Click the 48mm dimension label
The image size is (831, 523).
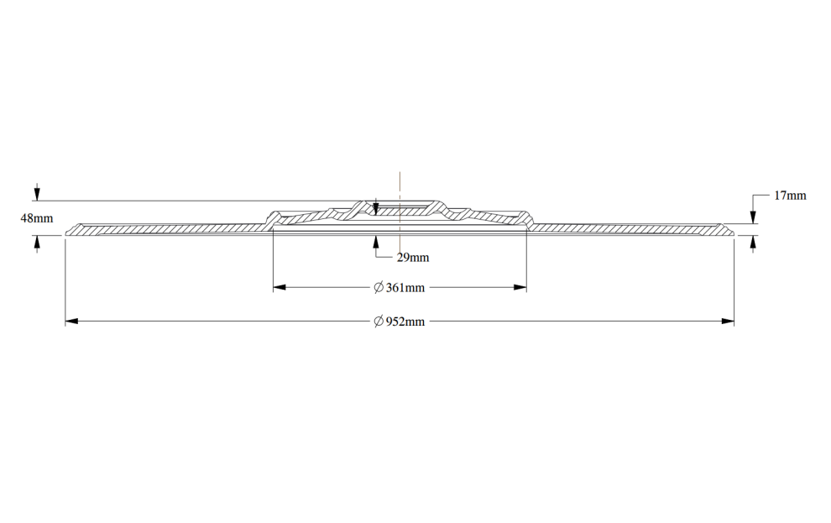(x=37, y=217)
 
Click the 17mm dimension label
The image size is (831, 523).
(x=790, y=196)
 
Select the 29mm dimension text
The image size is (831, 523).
(x=413, y=258)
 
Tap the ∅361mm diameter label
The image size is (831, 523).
(x=399, y=288)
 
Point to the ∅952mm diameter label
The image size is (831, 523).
(x=399, y=322)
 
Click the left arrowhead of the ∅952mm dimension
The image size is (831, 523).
(x=71, y=322)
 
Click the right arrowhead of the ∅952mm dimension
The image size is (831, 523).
(x=728, y=322)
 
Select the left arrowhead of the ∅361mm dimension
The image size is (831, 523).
(x=280, y=288)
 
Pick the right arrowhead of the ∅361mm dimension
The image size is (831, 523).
(x=520, y=288)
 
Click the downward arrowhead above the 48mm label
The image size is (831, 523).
(x=37, y=194)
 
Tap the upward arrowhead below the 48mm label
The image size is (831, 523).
(x=37, y=242)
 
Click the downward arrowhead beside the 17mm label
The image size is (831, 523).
(x=753, y=217)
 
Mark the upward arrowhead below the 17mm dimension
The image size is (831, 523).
(x=753, y=242)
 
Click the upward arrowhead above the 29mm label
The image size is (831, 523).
(x=376, y=242)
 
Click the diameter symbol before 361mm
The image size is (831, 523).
(x=379, y=288)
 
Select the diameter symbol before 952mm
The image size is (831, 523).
(x=379, y=322)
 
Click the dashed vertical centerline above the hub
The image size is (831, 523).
(x=400, y=186)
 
